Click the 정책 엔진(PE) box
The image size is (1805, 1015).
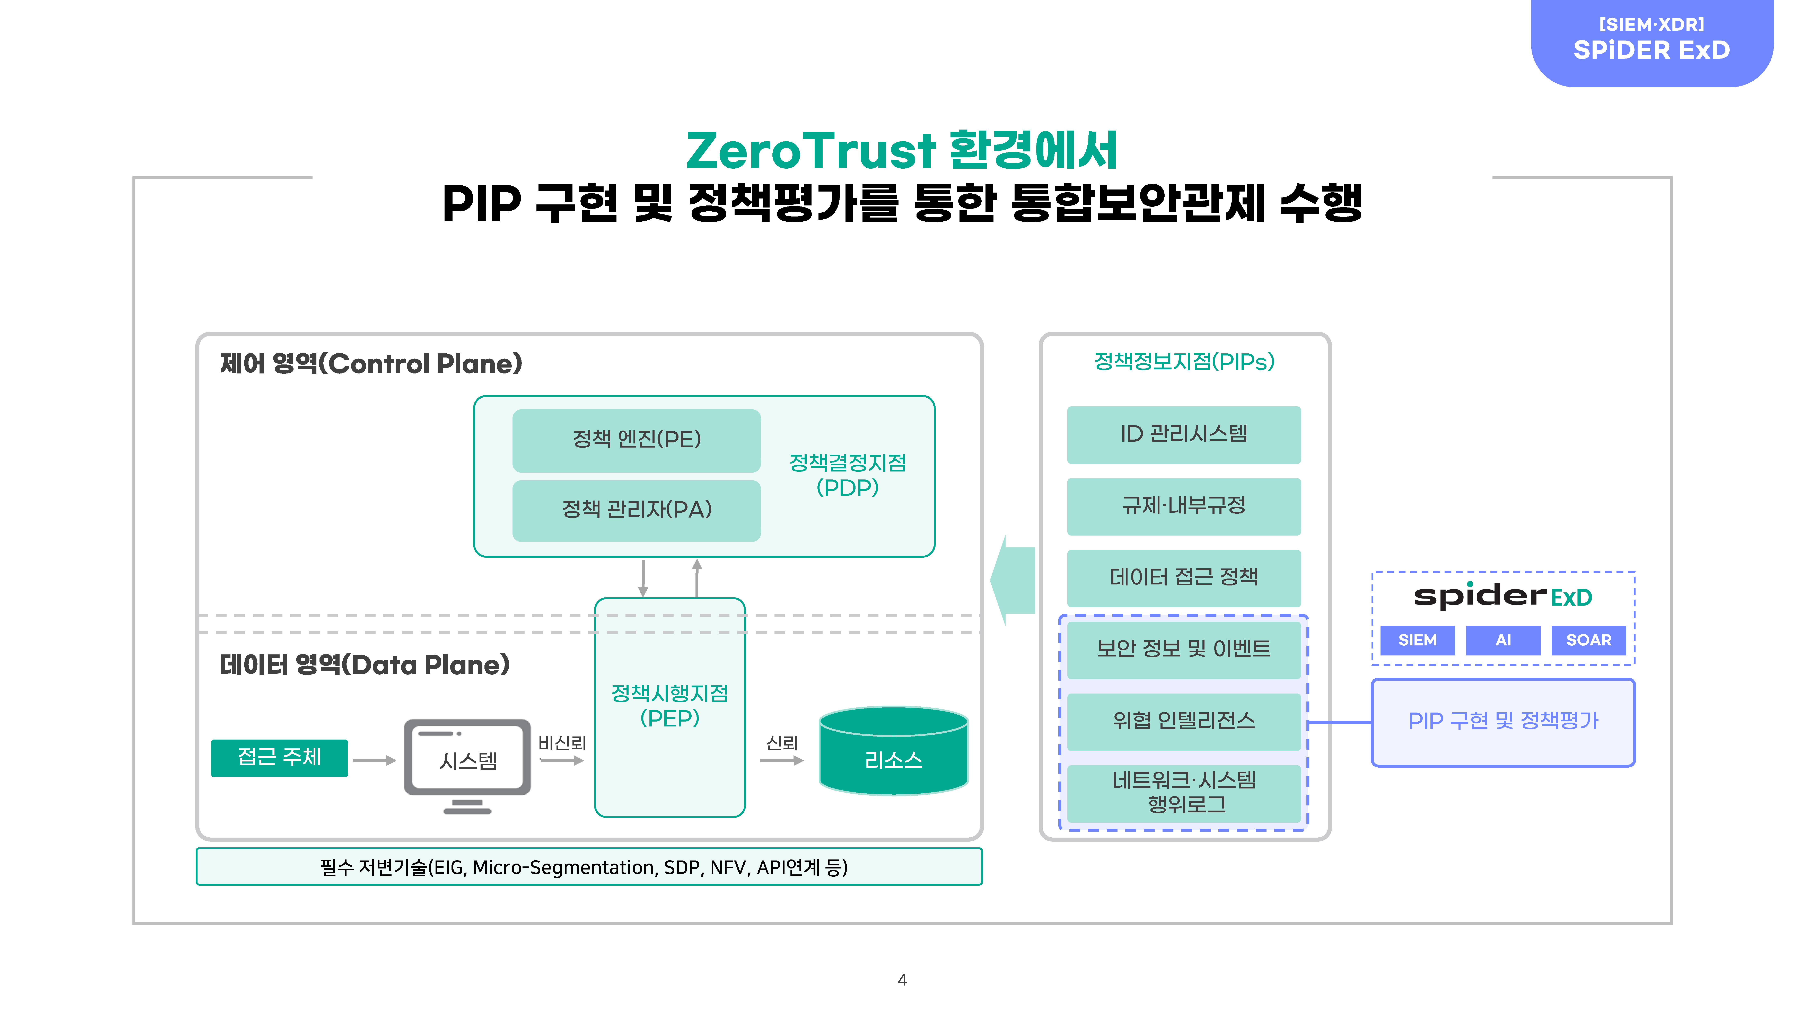(636, 440)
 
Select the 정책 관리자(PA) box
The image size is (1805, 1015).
(636, 510)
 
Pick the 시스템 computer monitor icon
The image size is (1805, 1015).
(467, 766)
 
